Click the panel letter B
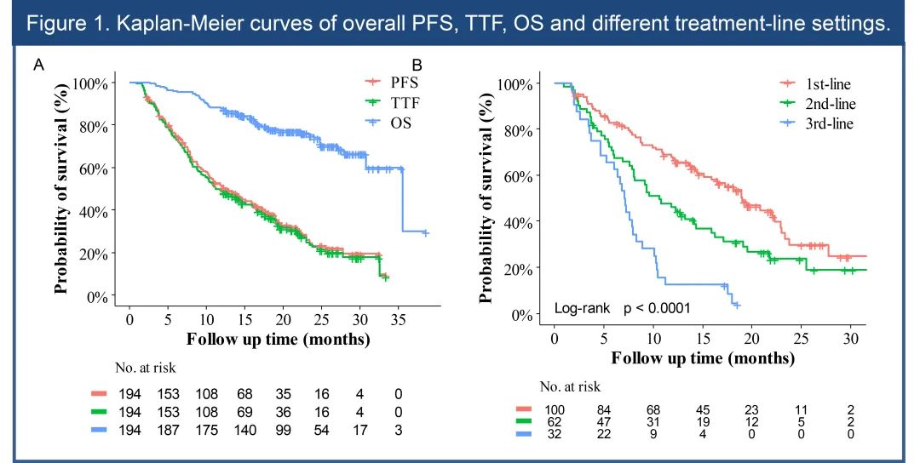point(417,65)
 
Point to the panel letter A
point(38,65)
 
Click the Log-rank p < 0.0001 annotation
point(622,308)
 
